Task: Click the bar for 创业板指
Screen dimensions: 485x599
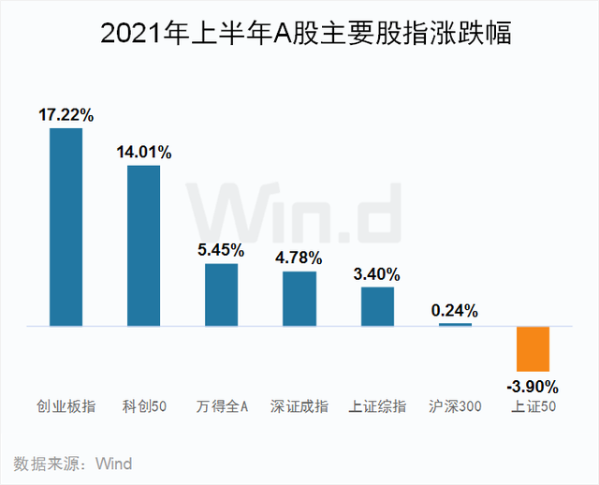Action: click(x=66, y=228)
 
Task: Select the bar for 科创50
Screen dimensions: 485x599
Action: click(x=144, y=246)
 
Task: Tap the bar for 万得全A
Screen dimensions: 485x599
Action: click(x=222, y=295)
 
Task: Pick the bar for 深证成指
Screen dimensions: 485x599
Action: click(x=299, y=299)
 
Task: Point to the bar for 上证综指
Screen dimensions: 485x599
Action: click(x=377, y=306)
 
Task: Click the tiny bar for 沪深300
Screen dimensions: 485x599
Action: click(x=456, y=324)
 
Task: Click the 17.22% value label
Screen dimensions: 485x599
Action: click(x=66, y=116)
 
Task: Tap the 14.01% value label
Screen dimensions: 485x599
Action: click(x=144, y=153)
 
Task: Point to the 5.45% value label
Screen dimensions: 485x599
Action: click(x=222, y=251)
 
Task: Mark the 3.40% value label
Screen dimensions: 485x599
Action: click(x=377, y=274)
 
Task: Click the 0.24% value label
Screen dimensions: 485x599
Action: click(x=456, y=311)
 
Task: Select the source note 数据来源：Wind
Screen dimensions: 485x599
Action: click(x=73, y=464)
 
